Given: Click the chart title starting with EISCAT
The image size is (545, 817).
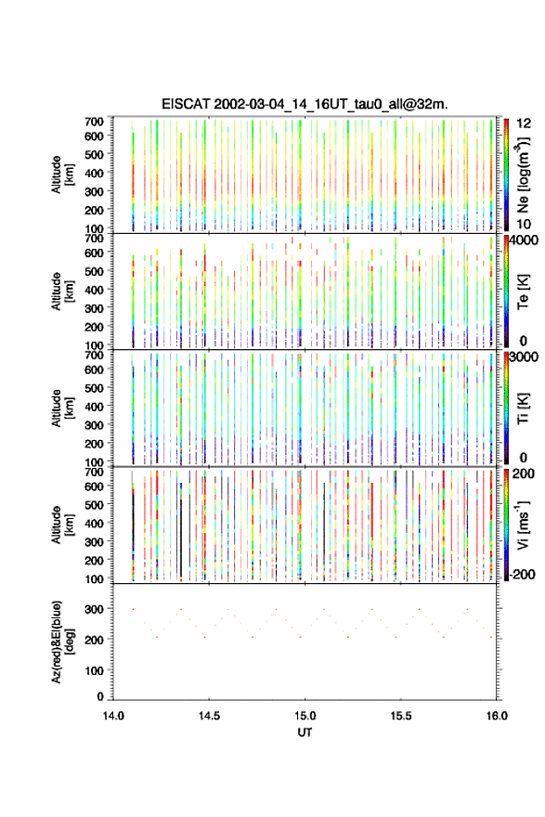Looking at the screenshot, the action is point(305,104).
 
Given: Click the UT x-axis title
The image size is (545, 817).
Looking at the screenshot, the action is point(305,733).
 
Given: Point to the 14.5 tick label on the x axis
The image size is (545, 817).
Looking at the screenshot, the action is point(209,716).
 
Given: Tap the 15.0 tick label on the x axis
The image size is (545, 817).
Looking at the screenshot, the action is point(305,716).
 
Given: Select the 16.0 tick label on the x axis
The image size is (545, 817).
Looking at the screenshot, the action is point(497,716).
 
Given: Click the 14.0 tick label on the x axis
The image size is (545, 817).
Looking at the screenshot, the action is point(113,716).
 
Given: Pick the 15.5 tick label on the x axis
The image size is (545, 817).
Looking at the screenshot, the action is point(401,716).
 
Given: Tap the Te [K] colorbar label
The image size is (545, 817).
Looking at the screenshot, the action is point(523,292).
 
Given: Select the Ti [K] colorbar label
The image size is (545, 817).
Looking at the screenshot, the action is point(523,408).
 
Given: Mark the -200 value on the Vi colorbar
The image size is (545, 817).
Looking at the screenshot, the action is point(521,574).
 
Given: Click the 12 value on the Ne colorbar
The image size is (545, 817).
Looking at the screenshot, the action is point(524,123).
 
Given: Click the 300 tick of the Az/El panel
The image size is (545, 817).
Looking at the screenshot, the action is point(95,609).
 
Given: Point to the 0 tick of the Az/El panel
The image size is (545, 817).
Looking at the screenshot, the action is point(100,696).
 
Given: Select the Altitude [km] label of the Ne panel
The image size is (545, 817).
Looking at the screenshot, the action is point(61,175).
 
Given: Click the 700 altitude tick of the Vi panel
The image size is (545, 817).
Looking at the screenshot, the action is point(95,472).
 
